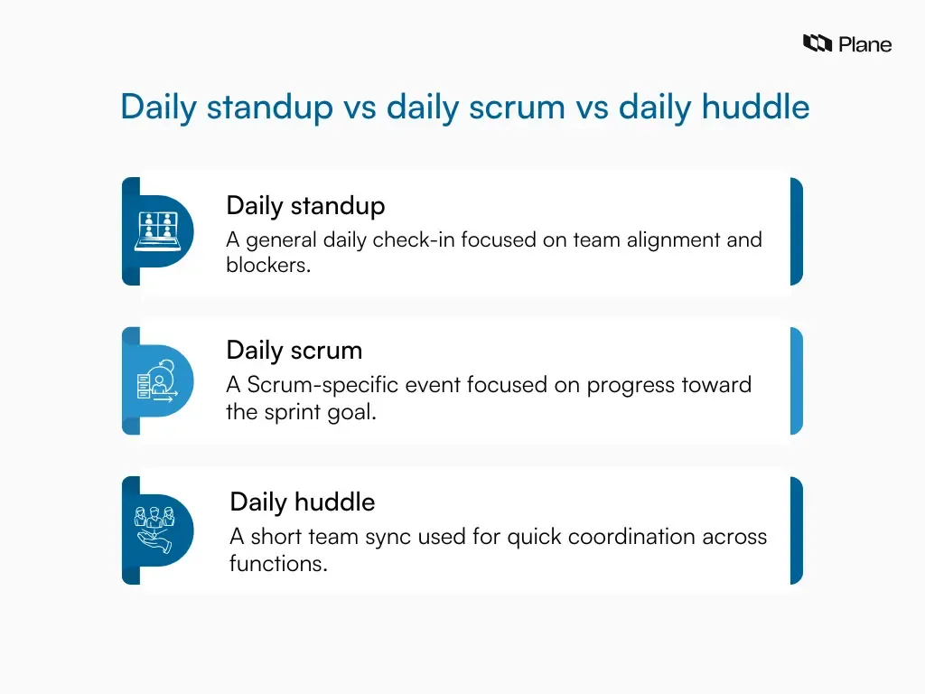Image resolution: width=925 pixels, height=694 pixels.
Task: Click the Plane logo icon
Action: point(818,43)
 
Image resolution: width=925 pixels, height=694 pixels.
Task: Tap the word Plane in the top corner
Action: point(864,44)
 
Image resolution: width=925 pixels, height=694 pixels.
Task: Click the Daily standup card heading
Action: point(305,205)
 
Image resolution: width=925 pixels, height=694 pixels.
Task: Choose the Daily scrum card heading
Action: point(294,350)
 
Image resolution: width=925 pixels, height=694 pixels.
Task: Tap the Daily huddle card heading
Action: point(302,502)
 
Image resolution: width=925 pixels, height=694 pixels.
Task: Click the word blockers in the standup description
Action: point(267,266)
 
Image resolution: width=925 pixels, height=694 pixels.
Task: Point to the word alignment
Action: point(656,240)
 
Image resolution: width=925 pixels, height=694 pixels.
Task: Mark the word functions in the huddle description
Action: point(277,565)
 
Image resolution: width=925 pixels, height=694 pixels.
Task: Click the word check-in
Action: point(407,240)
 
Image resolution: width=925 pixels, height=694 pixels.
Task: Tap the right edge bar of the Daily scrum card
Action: point(796,380)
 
